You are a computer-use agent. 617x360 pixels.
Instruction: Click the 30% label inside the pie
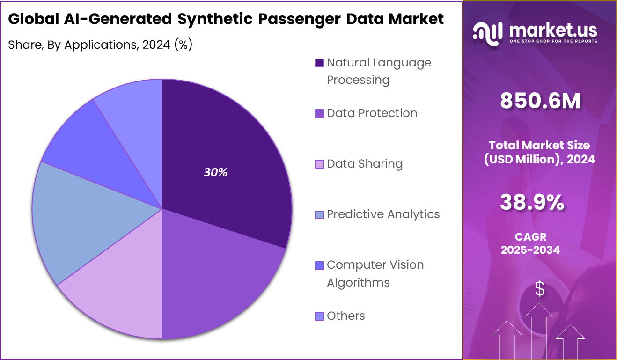click(x=215, y=172)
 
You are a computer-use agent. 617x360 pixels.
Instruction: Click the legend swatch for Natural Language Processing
click(x=319, y=63)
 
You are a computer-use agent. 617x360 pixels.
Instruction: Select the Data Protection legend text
click(x=372, y=113)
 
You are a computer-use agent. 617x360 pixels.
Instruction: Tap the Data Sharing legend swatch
click(x=319, y=164)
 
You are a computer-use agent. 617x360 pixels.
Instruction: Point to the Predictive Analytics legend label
click(x=383, y=214)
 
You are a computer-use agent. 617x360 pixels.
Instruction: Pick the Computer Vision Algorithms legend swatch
click(x=319, y=265)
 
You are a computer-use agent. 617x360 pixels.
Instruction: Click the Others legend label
click(x=345, y=316)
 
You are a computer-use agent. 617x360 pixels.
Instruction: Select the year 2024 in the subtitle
click(x=156, y=45)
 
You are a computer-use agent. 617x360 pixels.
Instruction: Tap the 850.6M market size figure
click(x=540, y=101)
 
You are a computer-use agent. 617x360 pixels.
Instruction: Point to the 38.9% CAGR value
click(x=532, y=202)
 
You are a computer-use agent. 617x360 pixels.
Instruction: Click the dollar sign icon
click(x=540, y=288)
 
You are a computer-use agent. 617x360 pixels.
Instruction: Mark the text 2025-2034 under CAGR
click(x=530, y=250)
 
